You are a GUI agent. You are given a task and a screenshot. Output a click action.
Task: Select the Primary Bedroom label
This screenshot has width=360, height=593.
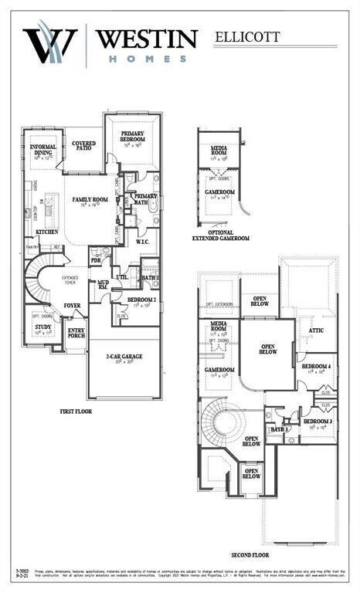[x=133, y=136]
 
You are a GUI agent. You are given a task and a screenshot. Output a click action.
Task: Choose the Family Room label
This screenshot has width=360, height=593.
[x=90, y=200]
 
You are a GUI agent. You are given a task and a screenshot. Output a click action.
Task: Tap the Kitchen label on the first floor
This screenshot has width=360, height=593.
[x=47, y=232]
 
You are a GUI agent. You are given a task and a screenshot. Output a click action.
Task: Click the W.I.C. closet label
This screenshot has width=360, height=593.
[x=142, y=241]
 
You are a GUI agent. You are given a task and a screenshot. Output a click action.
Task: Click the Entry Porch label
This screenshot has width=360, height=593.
[x=76, y=333]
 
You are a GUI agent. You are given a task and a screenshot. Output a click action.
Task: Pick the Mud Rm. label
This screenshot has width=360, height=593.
[x=103, y=286]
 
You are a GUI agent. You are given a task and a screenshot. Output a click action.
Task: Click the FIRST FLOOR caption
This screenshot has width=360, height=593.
[x=76, y=412]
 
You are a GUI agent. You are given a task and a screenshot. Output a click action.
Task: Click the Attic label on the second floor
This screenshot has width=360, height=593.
[x=316, y=330]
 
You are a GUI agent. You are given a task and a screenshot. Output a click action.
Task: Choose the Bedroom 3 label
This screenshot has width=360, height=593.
[x=318, y=422]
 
